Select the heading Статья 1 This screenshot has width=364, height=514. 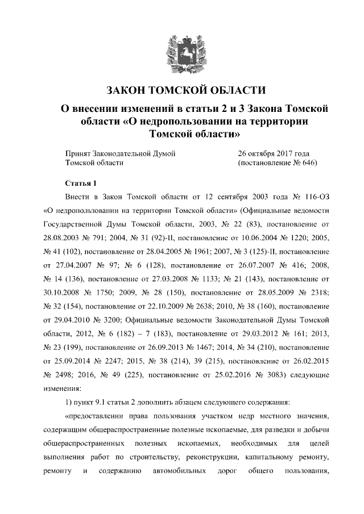coord(81,182)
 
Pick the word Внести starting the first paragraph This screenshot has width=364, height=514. coord(78,197)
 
